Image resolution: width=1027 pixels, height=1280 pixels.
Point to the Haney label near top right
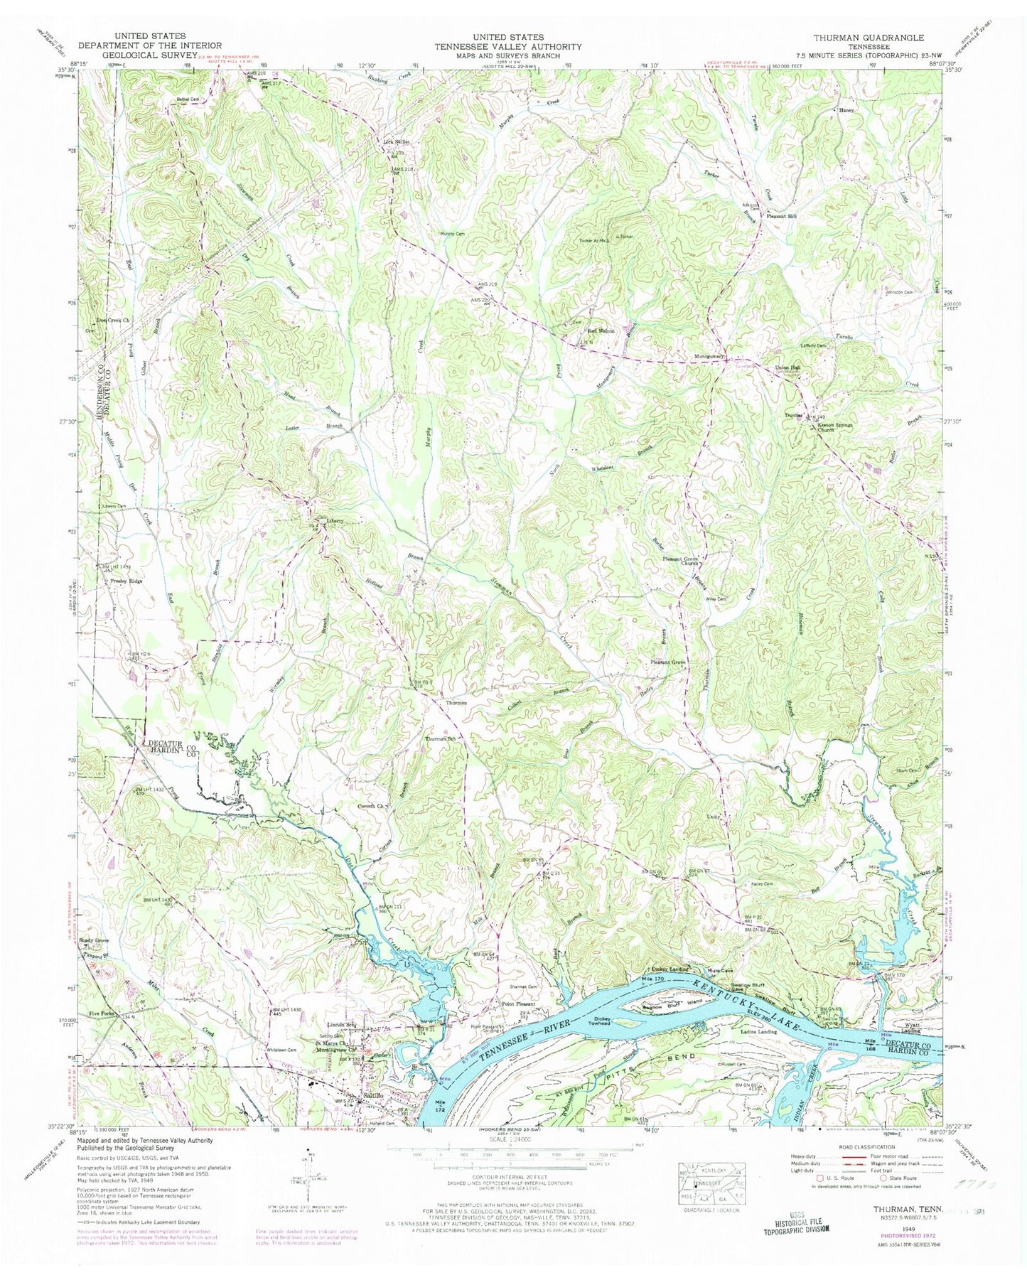click(x=846, y=112)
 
